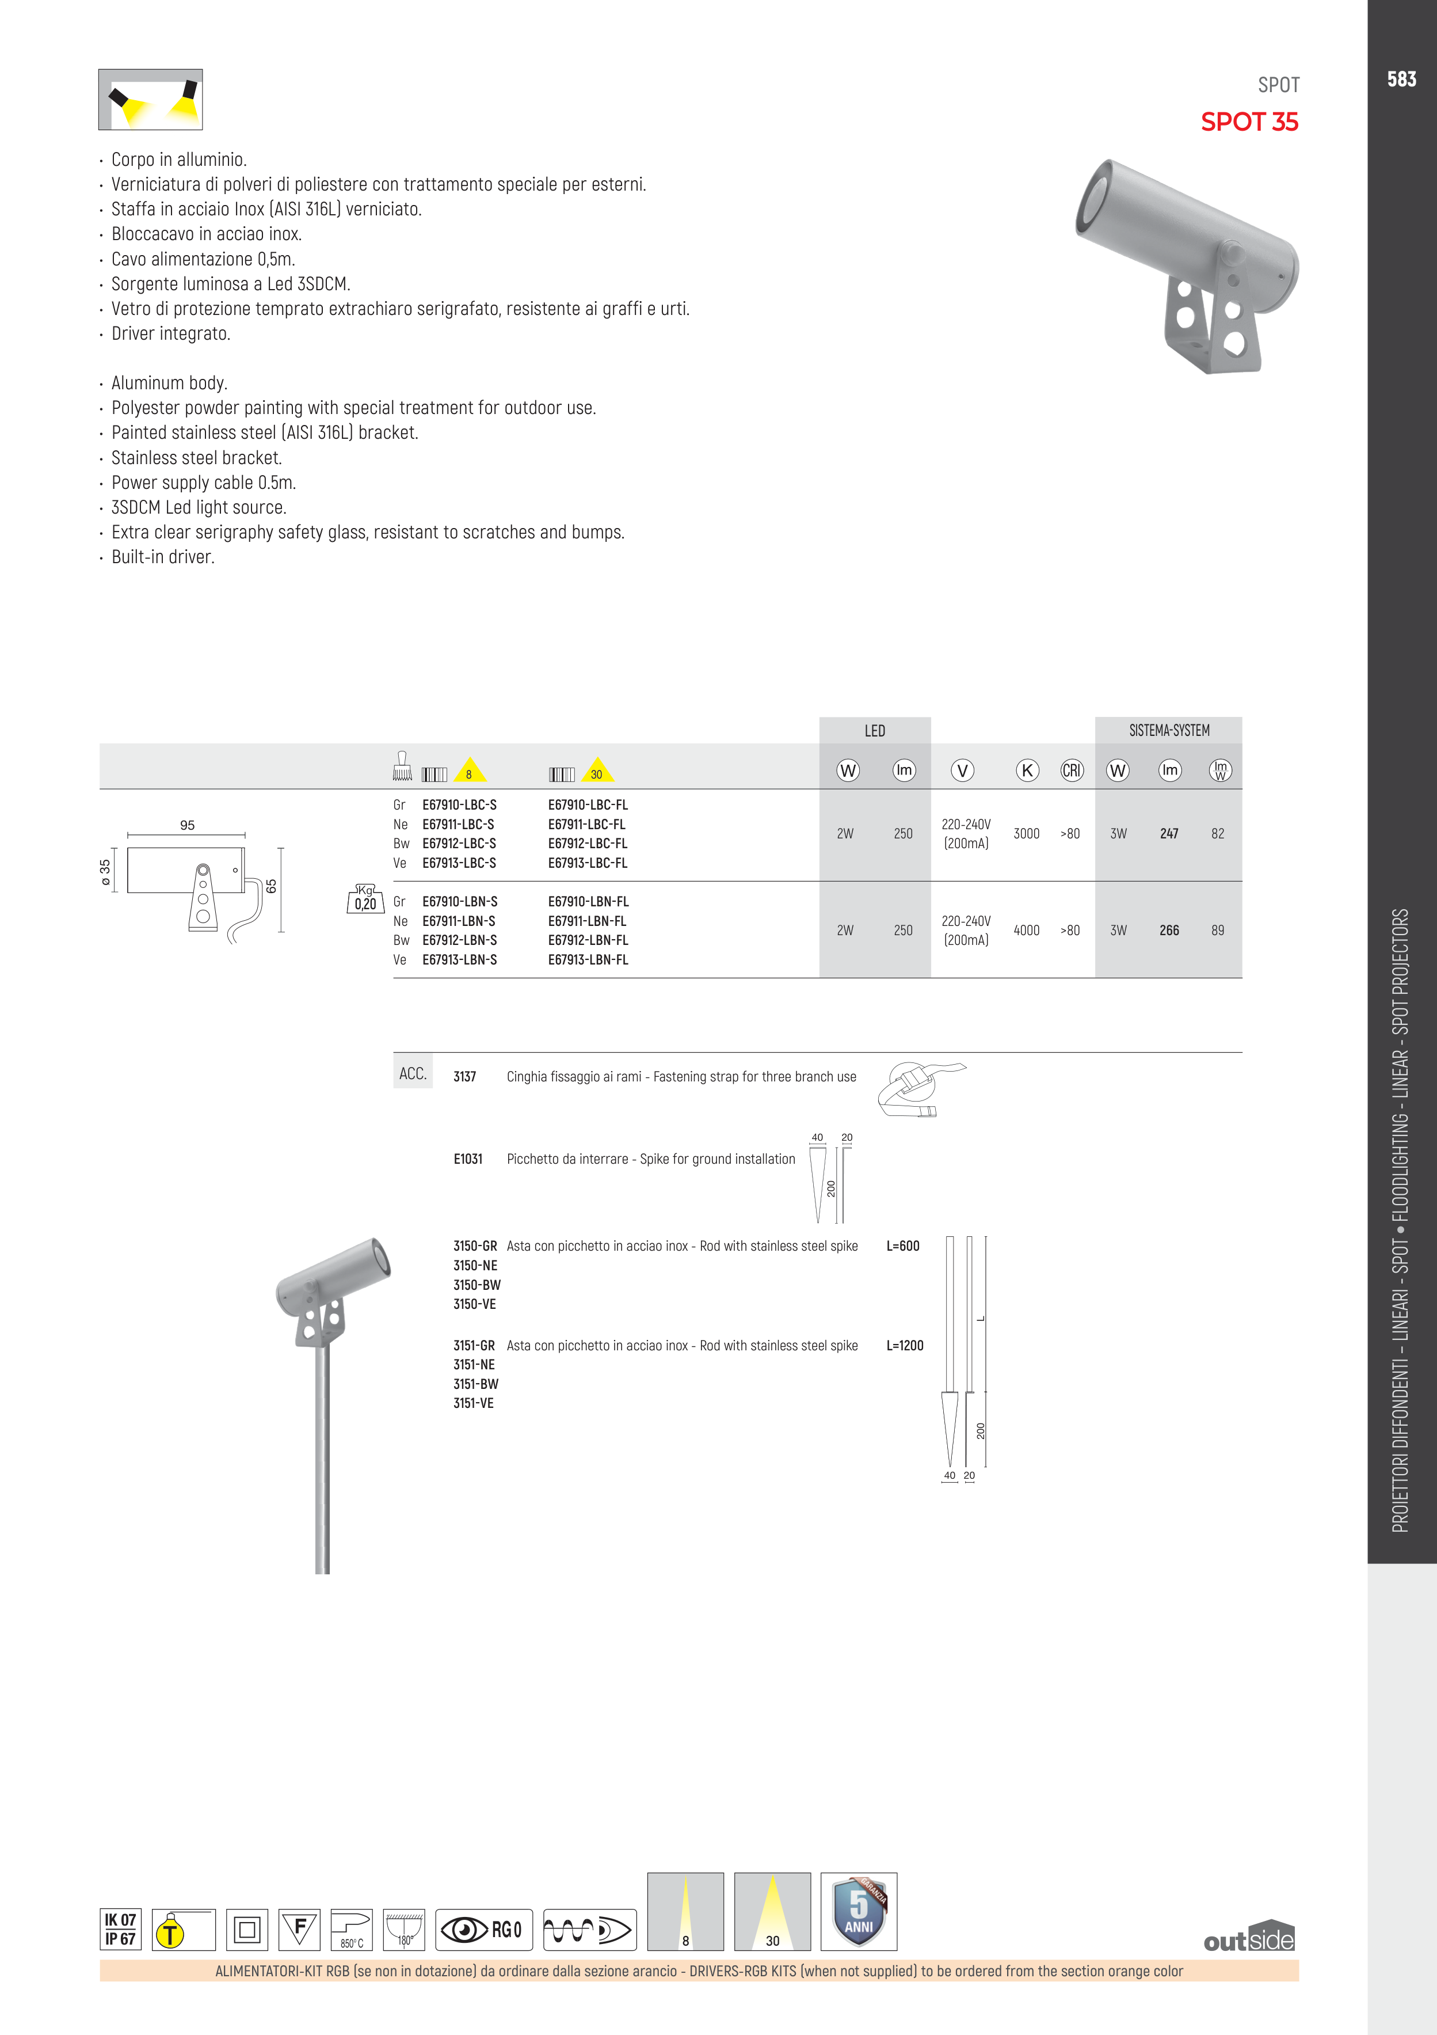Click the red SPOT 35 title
(1249, 122)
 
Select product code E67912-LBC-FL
(588, 844)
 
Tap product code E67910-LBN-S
(460, 901)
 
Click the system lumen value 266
(1169, 931)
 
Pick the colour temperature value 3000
(1027, 834)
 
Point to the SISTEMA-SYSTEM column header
(1169, 730)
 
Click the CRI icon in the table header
(1072, 770)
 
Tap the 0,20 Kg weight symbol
(365, 899)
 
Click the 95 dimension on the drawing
(187, 825)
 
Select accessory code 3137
(464, 1077)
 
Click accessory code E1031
(468, 1159)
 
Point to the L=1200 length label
(905, 1346)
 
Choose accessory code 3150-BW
(477, 1285)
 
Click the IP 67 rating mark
(120, 1939)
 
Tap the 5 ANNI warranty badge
(859, 1912)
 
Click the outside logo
(1249, 1938)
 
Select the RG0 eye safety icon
(484, 1930)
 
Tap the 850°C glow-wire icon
(352, 1930)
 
